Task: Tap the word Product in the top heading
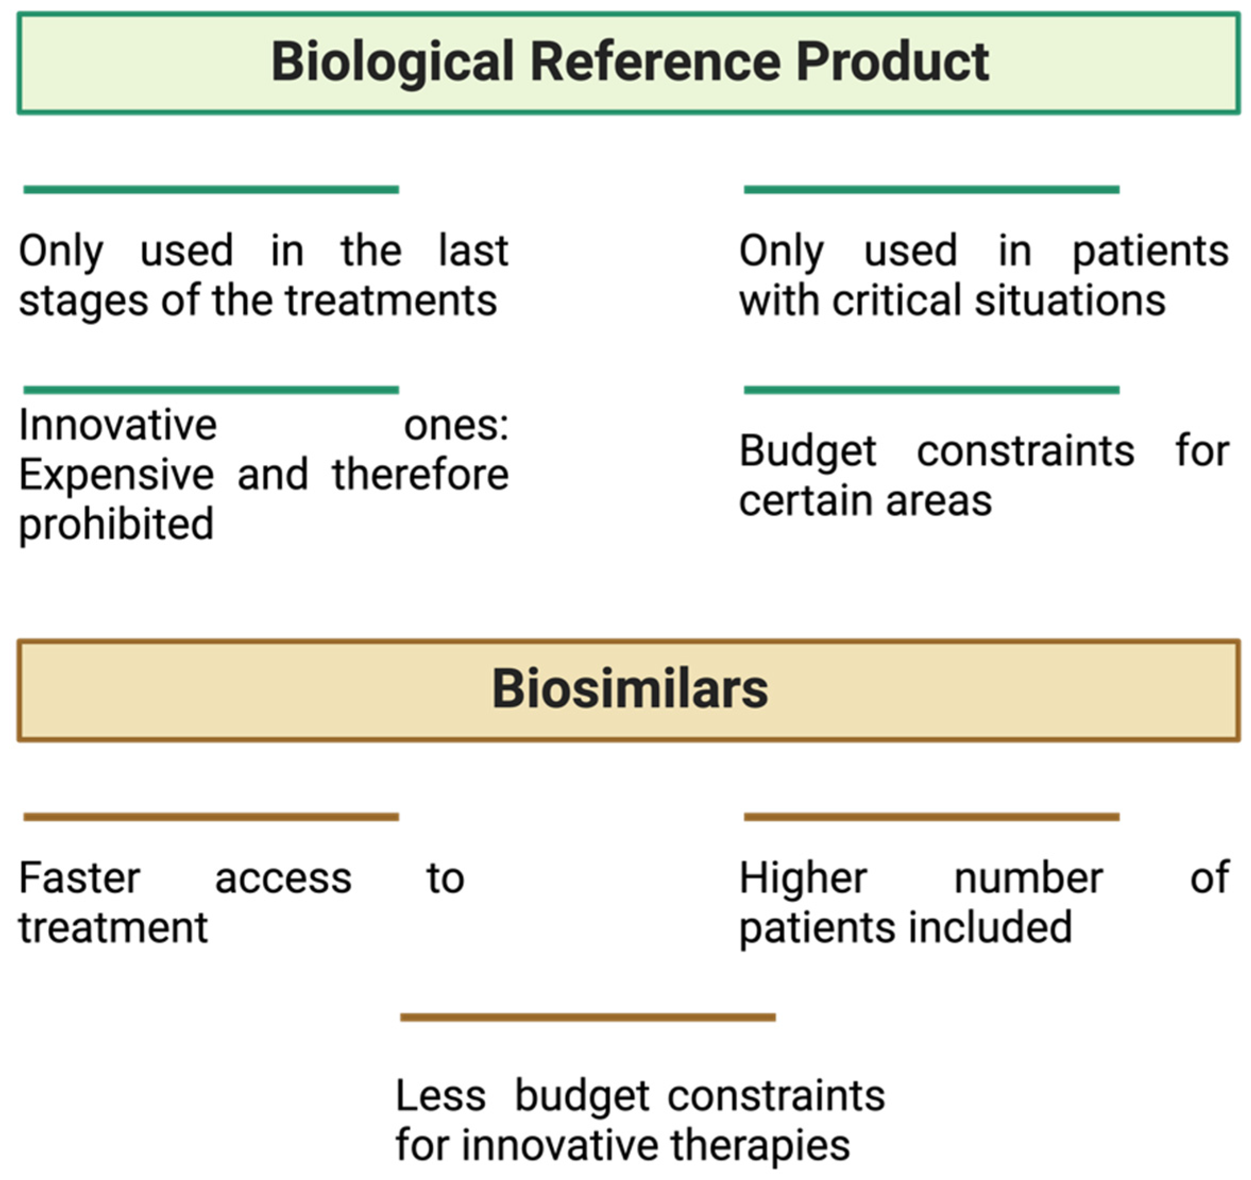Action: point(892,62)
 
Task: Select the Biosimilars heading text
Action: point(629,689)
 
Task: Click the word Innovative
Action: point(118,425)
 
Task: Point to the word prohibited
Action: point(116,524)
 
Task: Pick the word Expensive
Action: point(116,475)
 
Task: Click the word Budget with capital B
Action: point(807,451)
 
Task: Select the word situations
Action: point(1070,300)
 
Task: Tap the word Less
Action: point(440,1096)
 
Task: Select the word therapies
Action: point(760,1145)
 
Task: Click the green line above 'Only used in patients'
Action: point(931,190)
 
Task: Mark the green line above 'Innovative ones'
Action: point(211,390)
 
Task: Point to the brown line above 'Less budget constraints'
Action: point(588,1017)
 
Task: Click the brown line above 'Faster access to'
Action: point(211,817)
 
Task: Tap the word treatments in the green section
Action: point(391,300)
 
